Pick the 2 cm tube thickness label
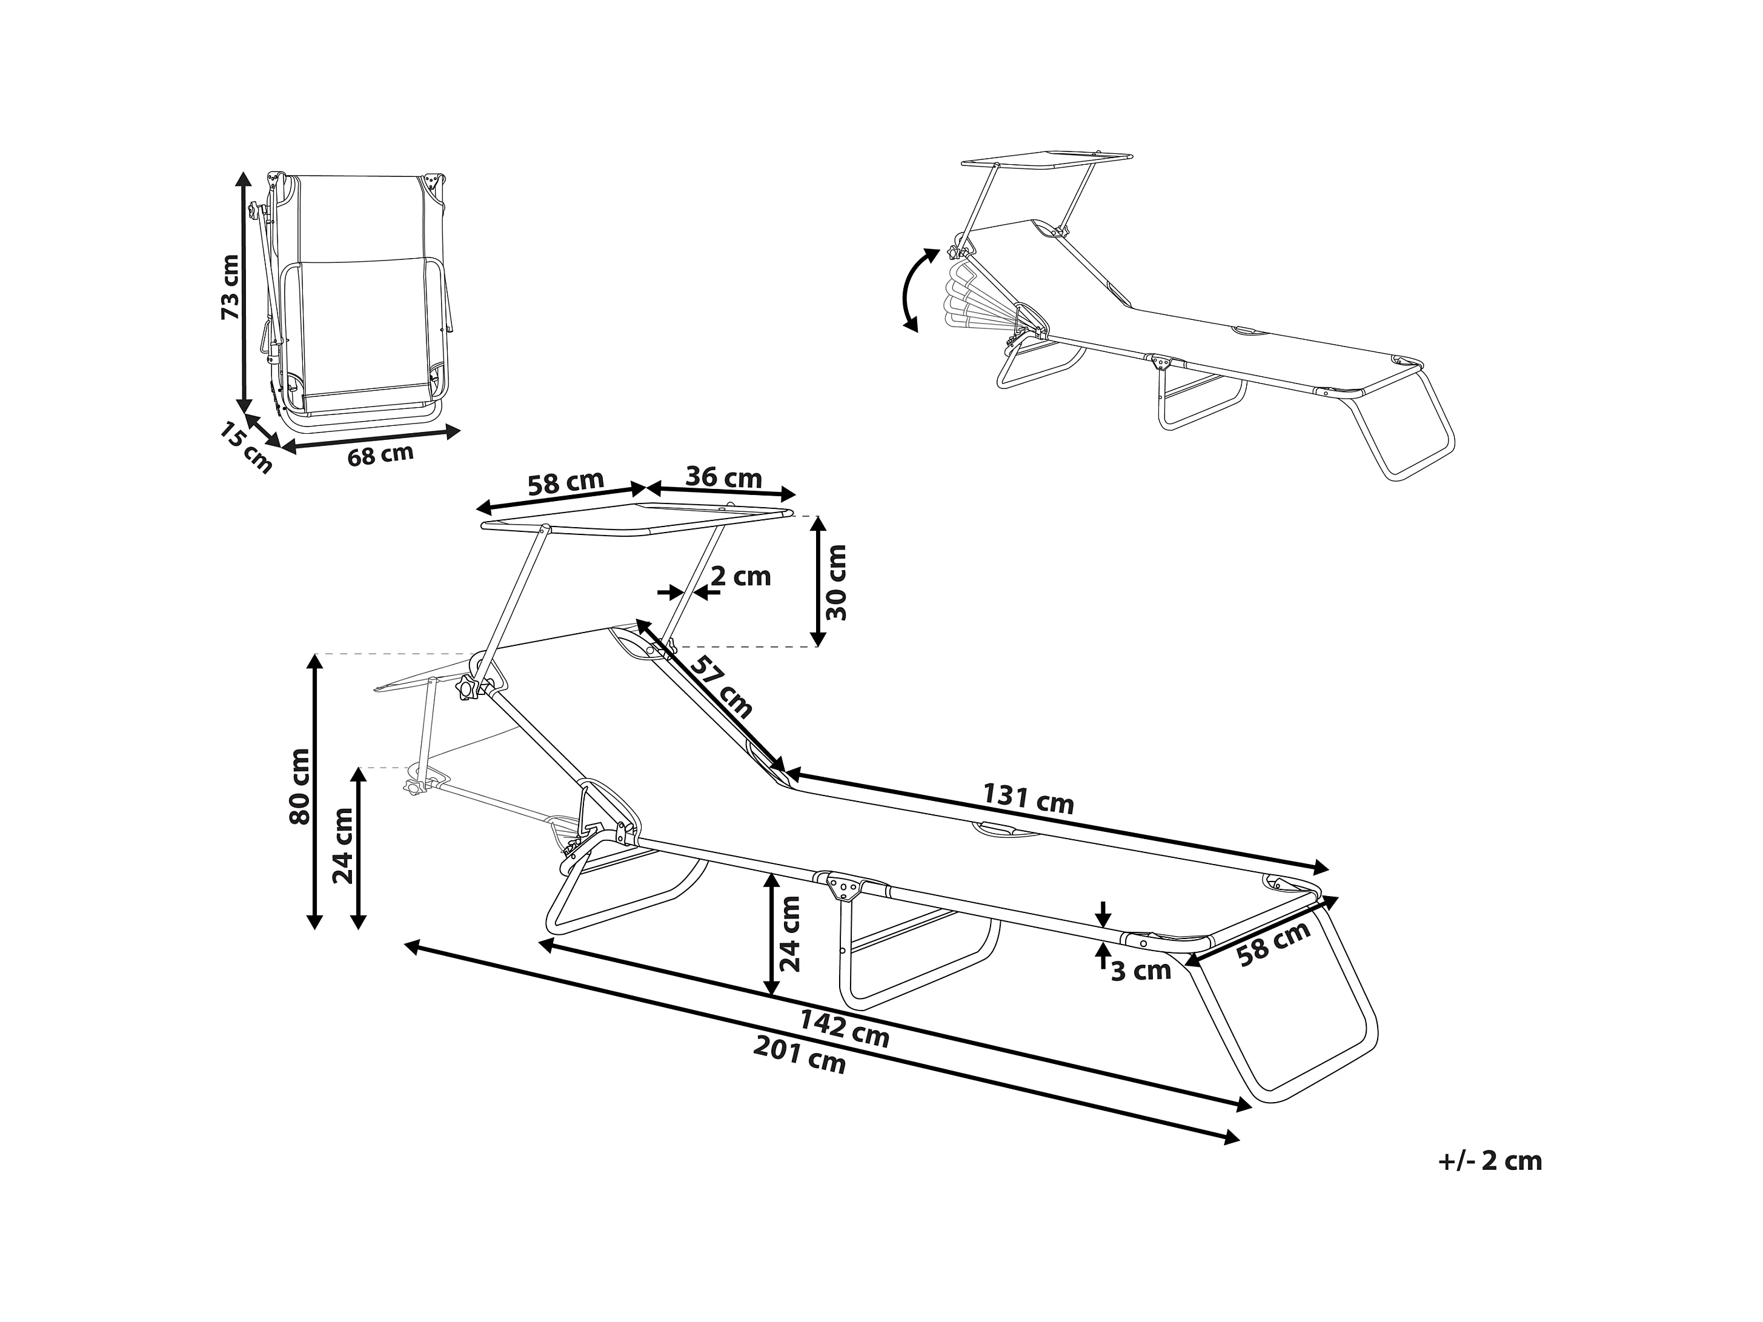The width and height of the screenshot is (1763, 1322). point(740,576)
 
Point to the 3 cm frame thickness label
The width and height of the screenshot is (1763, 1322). point(1141,971)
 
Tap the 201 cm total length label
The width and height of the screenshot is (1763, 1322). point(799,1058)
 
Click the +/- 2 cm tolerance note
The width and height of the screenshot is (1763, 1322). point(1490,1161)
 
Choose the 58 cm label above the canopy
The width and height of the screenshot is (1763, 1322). point(565,483)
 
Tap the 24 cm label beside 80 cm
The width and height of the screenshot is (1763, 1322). point(344,845)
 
